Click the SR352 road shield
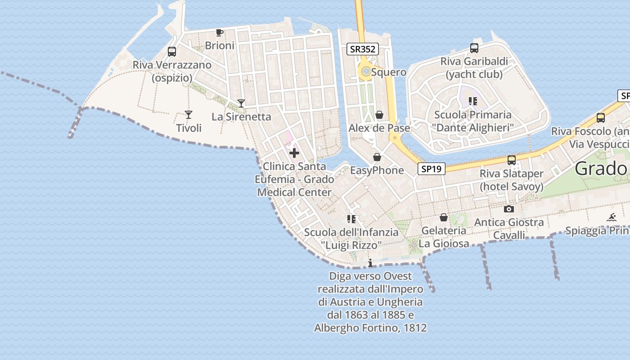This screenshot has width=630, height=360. (x=362, y=49)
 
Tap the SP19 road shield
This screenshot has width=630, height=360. (x=431, y=169)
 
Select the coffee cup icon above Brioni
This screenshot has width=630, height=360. (x=220, y=32)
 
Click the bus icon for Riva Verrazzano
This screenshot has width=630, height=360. (x=172, y=52)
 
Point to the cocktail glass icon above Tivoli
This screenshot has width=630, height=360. (x=189, y=115)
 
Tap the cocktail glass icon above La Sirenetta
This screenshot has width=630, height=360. (x=241, y=103)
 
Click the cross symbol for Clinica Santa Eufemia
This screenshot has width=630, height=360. (x=294, y=153)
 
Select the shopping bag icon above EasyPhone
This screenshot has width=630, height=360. (x=377, y=157)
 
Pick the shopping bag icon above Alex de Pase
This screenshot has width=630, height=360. (x=379, y=115)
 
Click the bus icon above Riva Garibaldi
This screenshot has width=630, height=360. (x=474, y=48)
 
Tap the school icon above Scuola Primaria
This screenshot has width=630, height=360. (x=472, y=101)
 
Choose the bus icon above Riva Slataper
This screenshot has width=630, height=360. (x=512, y=160)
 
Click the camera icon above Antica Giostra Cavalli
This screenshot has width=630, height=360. (x=509, y=209)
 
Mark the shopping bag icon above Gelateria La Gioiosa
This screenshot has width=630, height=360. (x=444, y=217)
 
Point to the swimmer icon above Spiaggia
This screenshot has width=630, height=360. (x=612, y=218)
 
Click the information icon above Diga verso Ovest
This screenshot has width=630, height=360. (x=370, y=263)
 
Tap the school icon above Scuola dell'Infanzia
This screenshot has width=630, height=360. (x=351, y=219)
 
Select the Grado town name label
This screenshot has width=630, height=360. (x=601, y=169)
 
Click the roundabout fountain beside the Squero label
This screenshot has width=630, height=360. (x=366, y=71)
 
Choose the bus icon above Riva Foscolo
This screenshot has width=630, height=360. (x=601, y=118)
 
